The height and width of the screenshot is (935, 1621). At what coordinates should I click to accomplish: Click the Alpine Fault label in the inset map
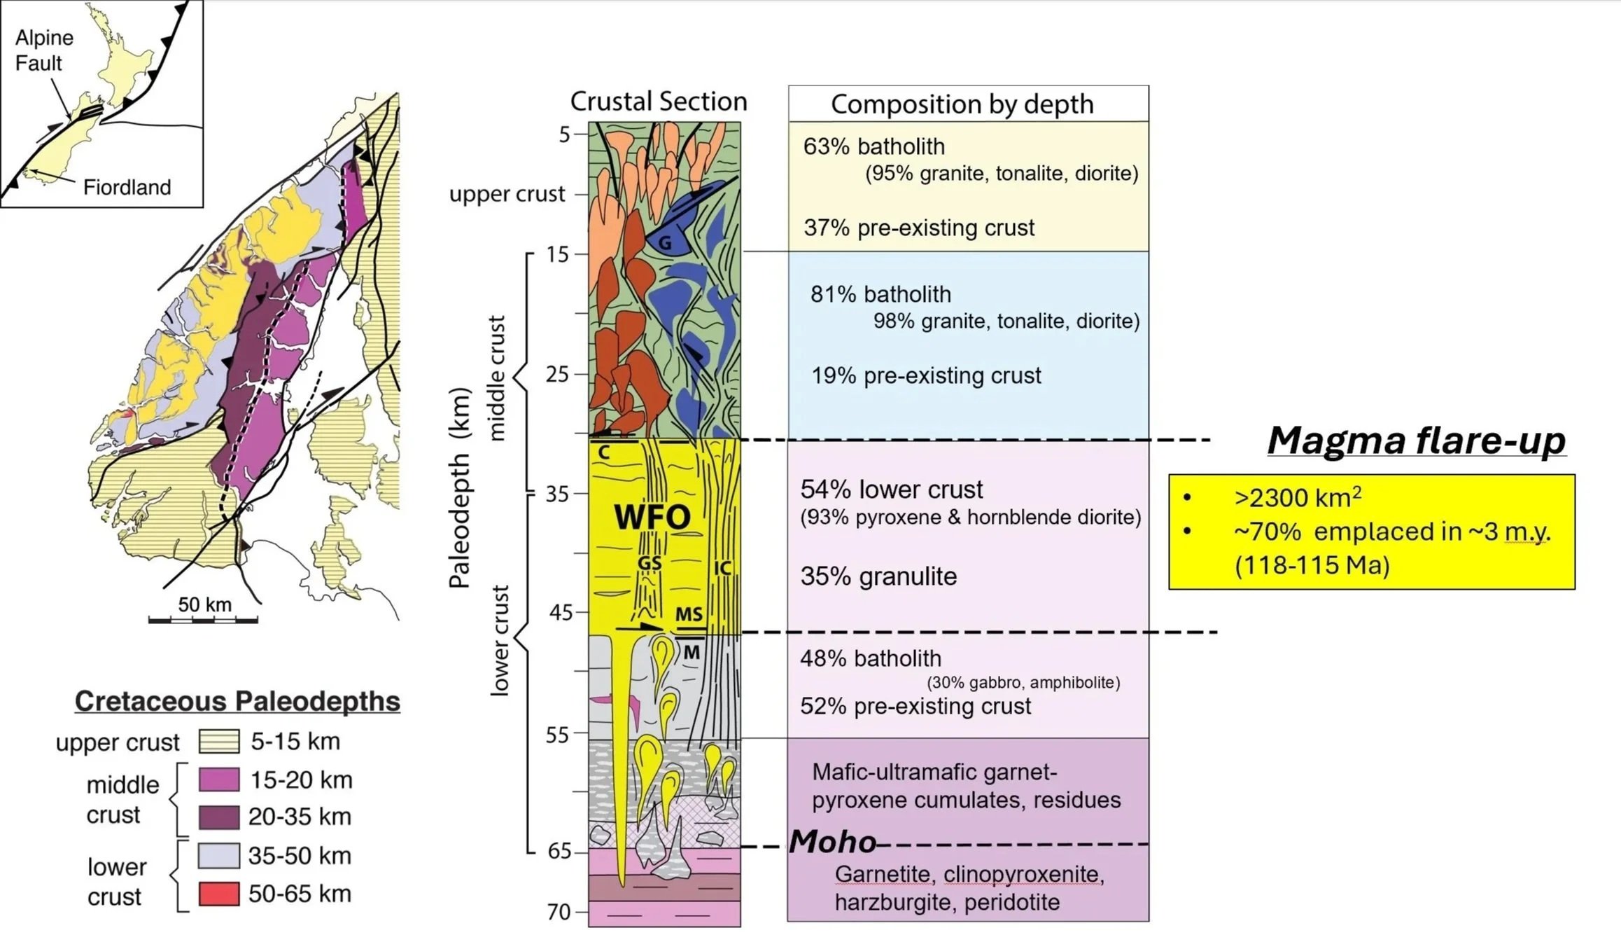(x=43, y=50)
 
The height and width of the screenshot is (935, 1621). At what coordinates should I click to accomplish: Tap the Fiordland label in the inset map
(x=127, y=187)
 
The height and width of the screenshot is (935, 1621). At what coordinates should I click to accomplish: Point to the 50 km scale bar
(x=203, y=619)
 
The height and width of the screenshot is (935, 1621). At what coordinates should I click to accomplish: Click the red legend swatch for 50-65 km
(x=219, y=894)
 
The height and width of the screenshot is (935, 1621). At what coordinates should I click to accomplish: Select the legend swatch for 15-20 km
(x=219, y=780)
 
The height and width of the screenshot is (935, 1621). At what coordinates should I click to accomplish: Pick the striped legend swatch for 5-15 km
(x=219, y=741)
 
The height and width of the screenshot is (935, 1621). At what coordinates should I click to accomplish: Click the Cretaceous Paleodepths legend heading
(x=237, y=701)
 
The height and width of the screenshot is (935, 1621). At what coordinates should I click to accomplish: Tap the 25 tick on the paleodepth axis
(x=558, y=375)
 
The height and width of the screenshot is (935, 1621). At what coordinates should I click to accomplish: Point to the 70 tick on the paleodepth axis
(x=559, y=912)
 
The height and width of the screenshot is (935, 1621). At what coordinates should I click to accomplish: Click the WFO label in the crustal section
(x=652, y=517)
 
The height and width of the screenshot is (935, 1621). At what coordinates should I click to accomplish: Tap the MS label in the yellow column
(x=689, y=614)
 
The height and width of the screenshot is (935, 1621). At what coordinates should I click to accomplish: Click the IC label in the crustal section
(x=722, y=568)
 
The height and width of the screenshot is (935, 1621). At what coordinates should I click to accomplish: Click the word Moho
(x=832, y=842)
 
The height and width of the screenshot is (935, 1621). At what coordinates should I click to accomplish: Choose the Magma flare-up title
(x=1416, y=441)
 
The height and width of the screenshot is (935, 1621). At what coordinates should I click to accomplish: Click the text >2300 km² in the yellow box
(x=1298, y=497)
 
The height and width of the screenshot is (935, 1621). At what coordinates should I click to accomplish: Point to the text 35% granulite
(x=878, y=576)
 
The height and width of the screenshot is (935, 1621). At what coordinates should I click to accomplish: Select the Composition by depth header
(x=962, y=104)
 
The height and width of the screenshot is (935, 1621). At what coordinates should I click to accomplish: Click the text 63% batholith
(x=873, y=146)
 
